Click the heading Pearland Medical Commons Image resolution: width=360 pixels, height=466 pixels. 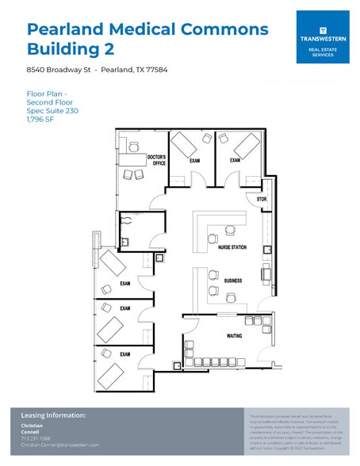tap(147, 29)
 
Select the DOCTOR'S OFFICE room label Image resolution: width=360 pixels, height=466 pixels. tap(156, 161)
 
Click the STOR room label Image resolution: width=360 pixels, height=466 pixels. tap(262, 199)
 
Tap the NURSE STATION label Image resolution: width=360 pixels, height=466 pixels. tap(232, 248)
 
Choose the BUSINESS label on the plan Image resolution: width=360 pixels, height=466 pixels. tap(232, 281)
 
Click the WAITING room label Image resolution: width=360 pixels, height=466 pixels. tap(235, 336)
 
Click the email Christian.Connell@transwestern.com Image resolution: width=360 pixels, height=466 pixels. tap(60, 445)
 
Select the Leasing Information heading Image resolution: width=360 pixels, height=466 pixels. tap(53, 414)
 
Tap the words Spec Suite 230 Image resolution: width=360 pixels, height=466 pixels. tap(52, 110)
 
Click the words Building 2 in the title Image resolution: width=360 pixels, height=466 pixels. tap(71, 49)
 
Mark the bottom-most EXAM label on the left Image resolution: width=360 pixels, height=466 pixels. tap(124, 354)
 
